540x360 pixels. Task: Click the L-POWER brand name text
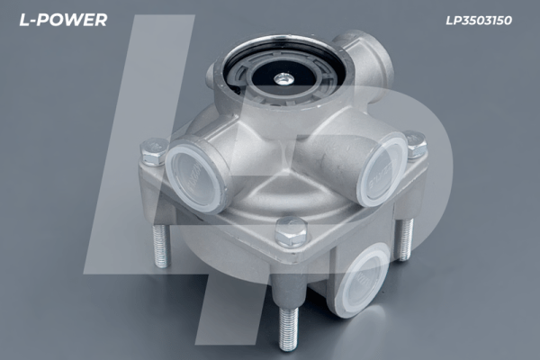tap(63, 20)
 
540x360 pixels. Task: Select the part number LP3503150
tap(479, 21)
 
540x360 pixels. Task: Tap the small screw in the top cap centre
tap(283, 79)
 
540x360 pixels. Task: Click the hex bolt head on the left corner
tap(152, 151)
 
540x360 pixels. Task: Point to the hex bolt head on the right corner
tap(416, 145)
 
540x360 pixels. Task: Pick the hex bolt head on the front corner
tap(292, 230)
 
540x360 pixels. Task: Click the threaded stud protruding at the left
tap(161, 246)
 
